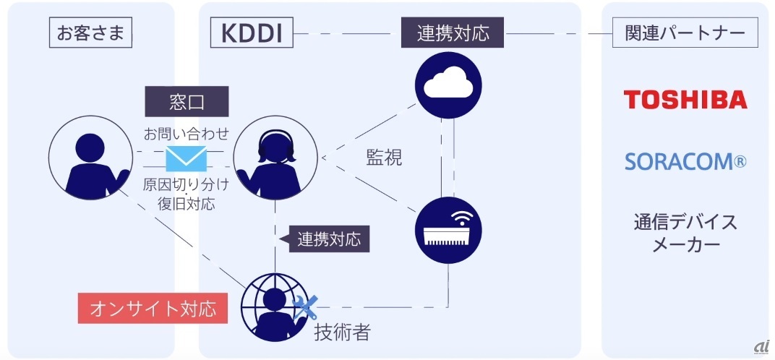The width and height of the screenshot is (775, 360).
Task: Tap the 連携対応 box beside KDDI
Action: pos(453,33)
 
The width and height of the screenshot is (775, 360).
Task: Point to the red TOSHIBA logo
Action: pos(685,100)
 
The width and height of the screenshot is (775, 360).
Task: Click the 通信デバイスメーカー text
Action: pos(685,233)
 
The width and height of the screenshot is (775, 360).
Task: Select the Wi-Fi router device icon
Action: pos(452,230)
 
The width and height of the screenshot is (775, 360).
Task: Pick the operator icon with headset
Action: pos(275,158)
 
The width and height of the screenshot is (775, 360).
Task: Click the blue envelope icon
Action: pos(187,158)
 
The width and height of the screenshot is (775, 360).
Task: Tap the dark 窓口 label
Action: pos(187,102)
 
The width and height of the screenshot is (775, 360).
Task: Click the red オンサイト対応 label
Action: pos(152,309)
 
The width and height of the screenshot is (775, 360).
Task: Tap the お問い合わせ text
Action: pos(187,134)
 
